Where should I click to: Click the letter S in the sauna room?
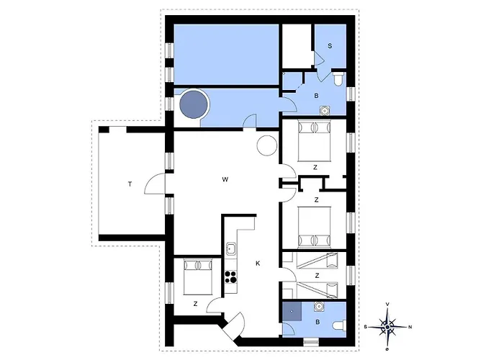pos(330,46)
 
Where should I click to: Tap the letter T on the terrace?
pos(130,184)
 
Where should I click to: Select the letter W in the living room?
pos(225,179)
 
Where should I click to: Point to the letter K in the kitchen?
pos(258,264)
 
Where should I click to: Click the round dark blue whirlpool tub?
pos(193,104)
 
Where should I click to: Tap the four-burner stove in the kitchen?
pos(230,276)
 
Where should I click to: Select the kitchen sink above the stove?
pos(230,249)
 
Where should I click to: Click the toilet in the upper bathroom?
pos(338,79)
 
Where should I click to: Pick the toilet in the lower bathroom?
pos(339,325)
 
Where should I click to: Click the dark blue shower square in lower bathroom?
pos(292,312)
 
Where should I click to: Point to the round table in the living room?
pos(267,145)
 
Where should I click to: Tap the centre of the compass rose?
pos(387,327)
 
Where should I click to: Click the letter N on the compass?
pos(410,327)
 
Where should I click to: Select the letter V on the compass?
pos(387,304)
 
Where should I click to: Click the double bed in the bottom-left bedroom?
pos(198,277)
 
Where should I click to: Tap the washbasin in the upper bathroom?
pos(325,110)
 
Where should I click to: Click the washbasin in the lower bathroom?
pos(319,307)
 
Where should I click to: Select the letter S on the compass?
pos(366,327)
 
